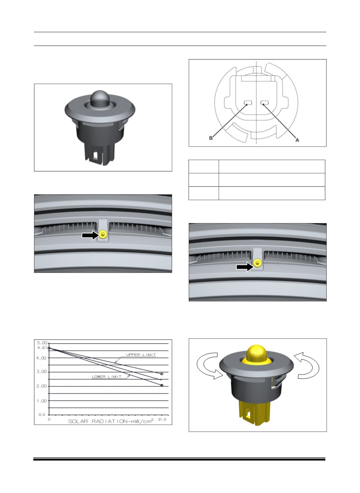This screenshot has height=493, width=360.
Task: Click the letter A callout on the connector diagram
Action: tap(297, 140)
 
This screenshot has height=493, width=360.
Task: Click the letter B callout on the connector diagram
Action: tap(211, 138)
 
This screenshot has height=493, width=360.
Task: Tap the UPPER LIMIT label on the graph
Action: tap(141, 355)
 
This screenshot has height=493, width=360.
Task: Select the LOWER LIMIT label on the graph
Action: tap(107, 377)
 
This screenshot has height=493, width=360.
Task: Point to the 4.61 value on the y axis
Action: tap(42, 348)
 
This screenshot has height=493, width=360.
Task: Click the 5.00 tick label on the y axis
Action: tap(42, 343)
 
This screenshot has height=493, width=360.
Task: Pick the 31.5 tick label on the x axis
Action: tap(162, 419)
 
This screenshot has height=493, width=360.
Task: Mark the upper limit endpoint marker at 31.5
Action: tap(162, 374)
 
